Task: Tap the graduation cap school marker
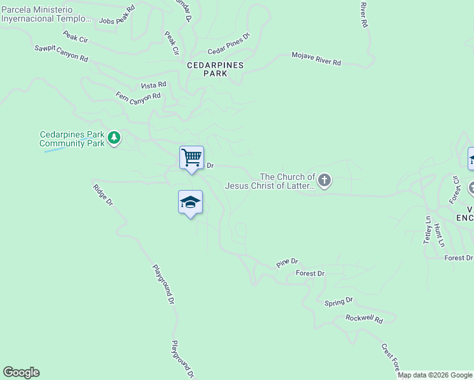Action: click(190, 203)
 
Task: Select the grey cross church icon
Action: click(324, 181)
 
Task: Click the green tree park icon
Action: click(114, 137)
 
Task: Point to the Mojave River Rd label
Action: click(316, 59)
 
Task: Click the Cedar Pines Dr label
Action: click(229, 44)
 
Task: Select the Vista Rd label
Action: click(153, 85)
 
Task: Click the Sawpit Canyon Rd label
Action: click(61, 53)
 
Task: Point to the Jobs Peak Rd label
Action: click(117, 16)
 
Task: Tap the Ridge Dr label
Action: click(102, 194)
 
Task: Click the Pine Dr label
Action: click(287, 262)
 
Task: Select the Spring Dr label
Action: click(338, 301)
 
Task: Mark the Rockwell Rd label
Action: click(364, 319)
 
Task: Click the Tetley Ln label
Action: click(428, 230)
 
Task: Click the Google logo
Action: click(21, 372)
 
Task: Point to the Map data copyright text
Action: click(435, 375)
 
